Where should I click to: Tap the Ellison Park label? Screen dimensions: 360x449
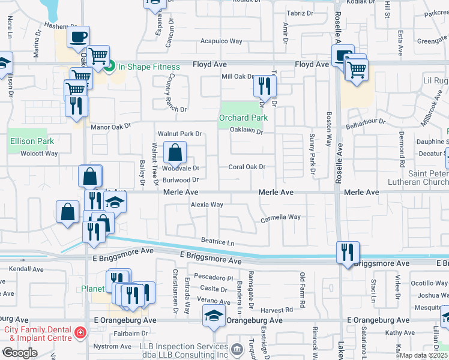pos(32,141)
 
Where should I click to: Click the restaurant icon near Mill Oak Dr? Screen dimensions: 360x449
pos(264,87)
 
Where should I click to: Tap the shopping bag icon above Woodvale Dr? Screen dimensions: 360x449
pos(175,154)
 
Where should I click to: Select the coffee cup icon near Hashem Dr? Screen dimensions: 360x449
pos(78,37)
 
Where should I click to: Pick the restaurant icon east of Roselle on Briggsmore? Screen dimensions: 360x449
pos(348,252)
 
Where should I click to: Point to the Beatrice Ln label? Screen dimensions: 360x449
pos(217,241)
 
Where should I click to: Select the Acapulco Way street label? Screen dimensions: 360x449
pos(221,41)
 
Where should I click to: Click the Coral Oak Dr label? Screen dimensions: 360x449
pos(247,167)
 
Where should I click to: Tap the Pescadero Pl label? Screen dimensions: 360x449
pos(214,278)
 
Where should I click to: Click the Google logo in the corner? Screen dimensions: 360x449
pos(20,352)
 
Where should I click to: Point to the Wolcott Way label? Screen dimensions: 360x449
pos(38,154)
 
